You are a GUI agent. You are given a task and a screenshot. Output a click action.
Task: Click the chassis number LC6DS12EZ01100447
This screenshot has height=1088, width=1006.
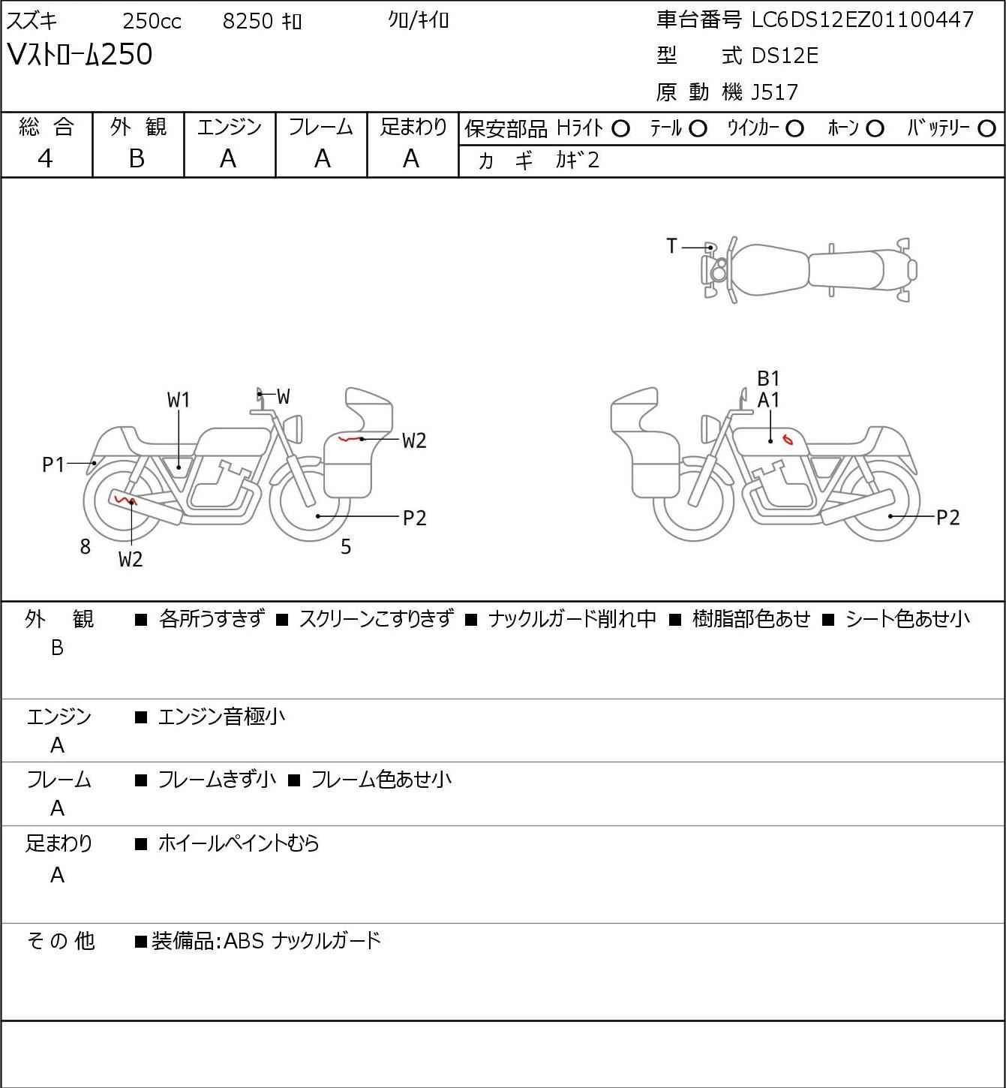pos(862,21)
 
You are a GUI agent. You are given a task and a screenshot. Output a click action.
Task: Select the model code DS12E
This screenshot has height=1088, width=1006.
pos(785,56)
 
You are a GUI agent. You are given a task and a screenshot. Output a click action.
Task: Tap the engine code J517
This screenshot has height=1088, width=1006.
pos(775,92)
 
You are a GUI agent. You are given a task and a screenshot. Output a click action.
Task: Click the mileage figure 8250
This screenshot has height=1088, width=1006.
pos(248,21)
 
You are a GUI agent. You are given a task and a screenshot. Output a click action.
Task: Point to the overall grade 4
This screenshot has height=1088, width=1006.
pos(46,159)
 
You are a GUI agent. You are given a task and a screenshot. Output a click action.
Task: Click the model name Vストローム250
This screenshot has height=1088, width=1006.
pos(80,55)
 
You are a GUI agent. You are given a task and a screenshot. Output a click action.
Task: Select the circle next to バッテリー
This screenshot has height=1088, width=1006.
pos(986,129)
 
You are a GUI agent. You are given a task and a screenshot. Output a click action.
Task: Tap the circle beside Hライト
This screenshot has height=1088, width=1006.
pos(620,129)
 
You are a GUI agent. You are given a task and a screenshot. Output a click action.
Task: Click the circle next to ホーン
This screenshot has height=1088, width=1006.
pos(875,129)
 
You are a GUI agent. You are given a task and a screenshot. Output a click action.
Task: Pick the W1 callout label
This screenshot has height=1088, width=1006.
pos(179,401)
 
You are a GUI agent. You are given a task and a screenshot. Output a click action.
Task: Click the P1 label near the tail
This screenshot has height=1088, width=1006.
pos(54,465)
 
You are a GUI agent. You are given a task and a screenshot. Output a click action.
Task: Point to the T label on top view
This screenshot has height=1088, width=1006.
pos(671,246)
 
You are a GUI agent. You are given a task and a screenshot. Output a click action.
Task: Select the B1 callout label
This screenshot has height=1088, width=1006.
pos(768,379)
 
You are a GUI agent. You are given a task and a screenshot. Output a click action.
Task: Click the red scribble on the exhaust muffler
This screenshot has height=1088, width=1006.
pos(125,500)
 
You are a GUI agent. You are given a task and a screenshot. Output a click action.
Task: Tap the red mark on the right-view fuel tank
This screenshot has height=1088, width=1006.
pos(788,438)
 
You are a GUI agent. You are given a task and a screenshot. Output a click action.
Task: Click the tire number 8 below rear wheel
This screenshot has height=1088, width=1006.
pos(85,546)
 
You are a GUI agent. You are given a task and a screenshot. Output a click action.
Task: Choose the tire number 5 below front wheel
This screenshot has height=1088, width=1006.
pos(346,546)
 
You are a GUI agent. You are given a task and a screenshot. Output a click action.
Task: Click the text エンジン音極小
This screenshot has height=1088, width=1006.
pos(221,717)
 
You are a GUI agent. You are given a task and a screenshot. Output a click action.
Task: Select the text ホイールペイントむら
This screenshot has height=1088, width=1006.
pos(239,843)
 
